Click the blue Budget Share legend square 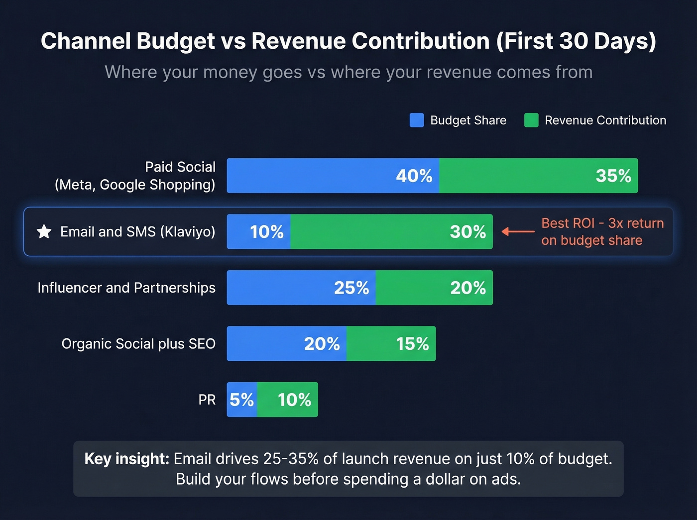click(417, 120)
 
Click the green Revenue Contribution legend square click(531, 120)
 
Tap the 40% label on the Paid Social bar click(414, 176)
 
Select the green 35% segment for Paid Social click(538, 176)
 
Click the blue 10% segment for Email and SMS click(258, 232)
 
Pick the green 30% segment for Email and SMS click(391, 232)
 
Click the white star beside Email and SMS click(44, 231)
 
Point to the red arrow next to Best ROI click(518, 231)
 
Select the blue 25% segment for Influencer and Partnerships click(301, 288)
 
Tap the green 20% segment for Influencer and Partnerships click(434, 288)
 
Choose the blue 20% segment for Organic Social click(287, 344)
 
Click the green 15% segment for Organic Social click(391, 344)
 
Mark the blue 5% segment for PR click(241, 400)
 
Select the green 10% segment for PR click(288, 400)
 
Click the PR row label click(207, 400)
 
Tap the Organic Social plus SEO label click(138, 344)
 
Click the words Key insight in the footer click(127, 459)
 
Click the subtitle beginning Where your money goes click(348, 72)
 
